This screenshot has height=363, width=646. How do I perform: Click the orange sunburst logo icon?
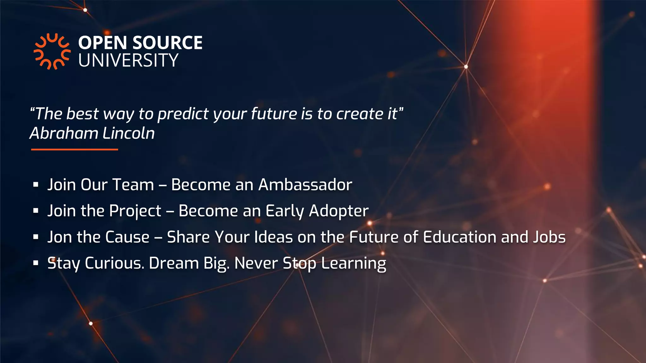[52, 51]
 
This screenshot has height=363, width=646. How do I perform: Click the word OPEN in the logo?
[102, 43]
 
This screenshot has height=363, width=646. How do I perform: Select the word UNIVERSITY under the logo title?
[128, 60]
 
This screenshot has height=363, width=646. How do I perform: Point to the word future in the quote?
[274, 113]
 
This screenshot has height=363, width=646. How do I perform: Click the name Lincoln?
[129, 133]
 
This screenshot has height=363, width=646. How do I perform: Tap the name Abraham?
[64, 133]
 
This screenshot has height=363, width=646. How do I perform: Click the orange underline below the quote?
[74, 149]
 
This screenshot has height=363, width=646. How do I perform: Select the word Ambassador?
[305, 185]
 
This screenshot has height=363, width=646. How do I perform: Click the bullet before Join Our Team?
[36, 185]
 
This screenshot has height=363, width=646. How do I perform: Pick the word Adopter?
[338, 211]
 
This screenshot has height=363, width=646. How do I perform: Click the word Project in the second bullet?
[135, 211]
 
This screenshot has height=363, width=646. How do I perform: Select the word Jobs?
[549, 237]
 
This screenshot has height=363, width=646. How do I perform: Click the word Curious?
[115, 263]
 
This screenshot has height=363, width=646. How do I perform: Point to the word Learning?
[353, 264]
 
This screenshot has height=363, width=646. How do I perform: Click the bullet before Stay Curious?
[36, 263]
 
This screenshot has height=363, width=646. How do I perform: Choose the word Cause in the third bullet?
[127, 237]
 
